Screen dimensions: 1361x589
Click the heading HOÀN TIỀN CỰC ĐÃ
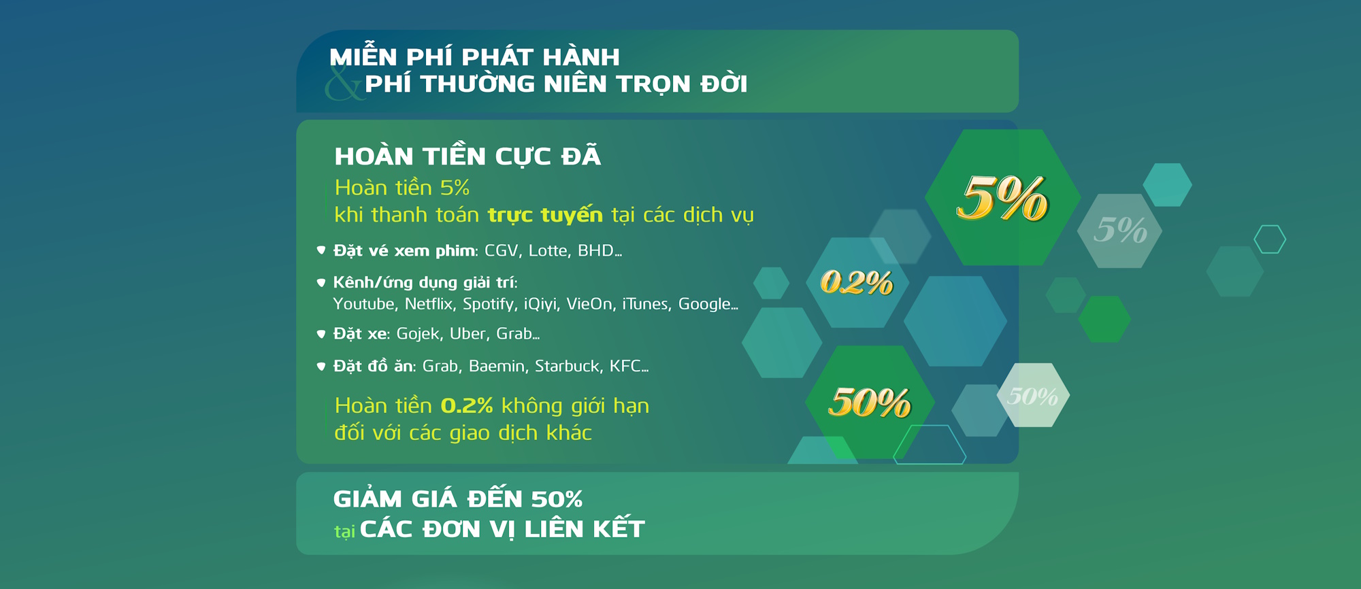click(468, 156)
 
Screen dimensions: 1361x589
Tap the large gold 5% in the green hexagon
click(1002, 198)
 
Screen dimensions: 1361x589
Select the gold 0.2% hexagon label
click(857, 282)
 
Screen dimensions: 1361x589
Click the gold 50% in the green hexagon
click(870, 402)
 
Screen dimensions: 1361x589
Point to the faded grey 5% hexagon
click(1120, 230)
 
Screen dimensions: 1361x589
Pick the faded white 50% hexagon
click(1033, 395)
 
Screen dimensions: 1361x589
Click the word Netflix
click(429, 304)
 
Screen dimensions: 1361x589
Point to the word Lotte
click(548, 250)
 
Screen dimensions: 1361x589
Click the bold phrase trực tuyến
click(545, 215)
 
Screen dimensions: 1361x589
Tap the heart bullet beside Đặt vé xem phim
click(321, 250)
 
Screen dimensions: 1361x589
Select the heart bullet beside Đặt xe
click(321, 334)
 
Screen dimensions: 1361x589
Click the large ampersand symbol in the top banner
click(344, 83)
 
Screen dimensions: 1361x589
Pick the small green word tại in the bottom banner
click(344, 531)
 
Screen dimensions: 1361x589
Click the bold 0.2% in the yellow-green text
click(467, 405)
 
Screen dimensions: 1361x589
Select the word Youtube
click(365, 304)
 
